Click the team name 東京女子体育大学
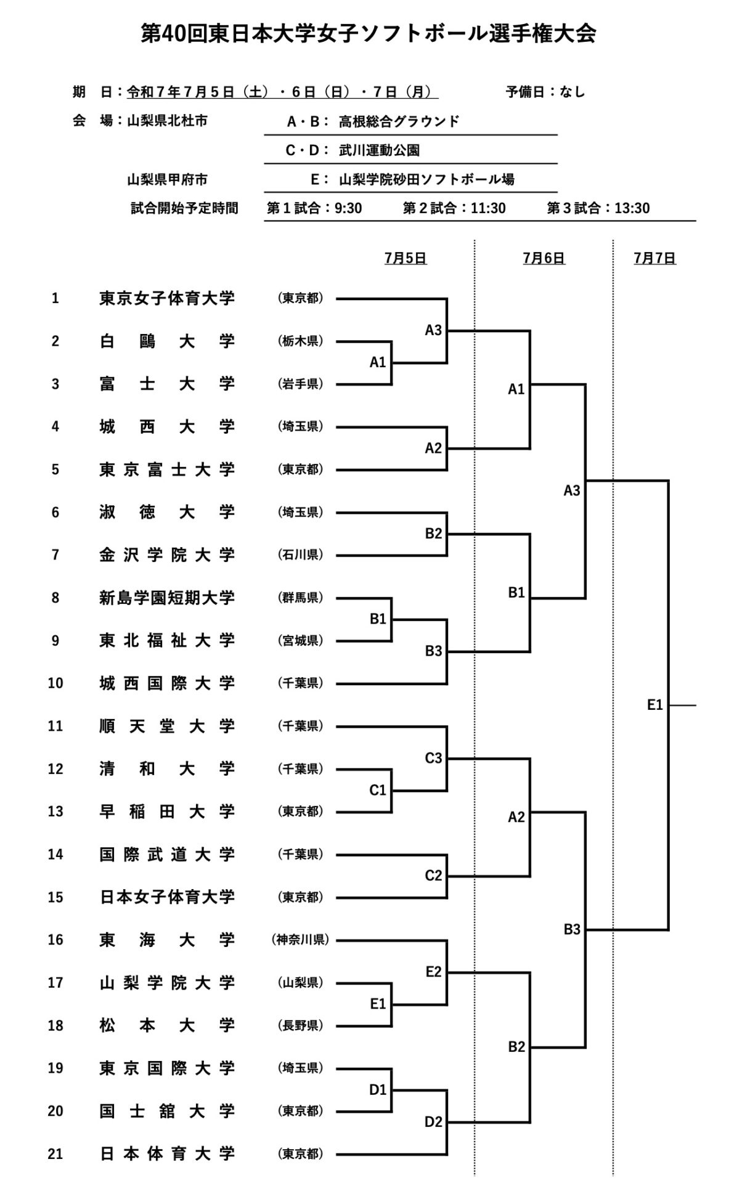click(167, 298)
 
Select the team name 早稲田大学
click(167, 811)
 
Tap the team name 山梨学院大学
click(167, 983)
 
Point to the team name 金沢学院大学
click(167, 555)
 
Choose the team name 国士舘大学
click(167, 1111)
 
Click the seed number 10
click(55, 683)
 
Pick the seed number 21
click(55, 1153)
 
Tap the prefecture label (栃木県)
click(300, 341)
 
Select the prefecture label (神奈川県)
click(300, 940)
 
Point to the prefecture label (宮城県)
click(300, 640)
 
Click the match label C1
click(377, 790)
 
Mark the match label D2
click(433, 1121)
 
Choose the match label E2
click(433, 972)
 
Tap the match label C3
click(433, 758)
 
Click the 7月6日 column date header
click(544, 258)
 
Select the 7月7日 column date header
click(654, 258)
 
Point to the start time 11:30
click(488, 208)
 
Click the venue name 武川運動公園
click(379, 150)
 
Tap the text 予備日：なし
click(545, 92)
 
